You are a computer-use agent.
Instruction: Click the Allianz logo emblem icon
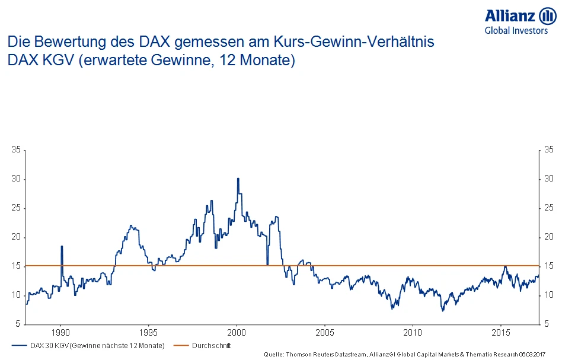point(547,17)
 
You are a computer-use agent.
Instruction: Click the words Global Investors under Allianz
point(516,31)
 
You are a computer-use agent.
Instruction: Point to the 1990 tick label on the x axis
point(61,332)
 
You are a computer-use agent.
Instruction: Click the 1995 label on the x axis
point(149,332)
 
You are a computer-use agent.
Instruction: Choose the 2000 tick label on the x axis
point(237,332)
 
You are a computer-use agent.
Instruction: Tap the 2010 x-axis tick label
point(413,332)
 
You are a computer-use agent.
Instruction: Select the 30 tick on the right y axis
point(548,179)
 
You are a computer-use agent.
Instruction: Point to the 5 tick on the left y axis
point(18,324)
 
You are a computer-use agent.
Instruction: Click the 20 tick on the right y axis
point(548,237)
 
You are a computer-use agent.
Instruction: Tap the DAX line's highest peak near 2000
point(238,179)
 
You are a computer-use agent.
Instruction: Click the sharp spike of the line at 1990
point(62,247)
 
